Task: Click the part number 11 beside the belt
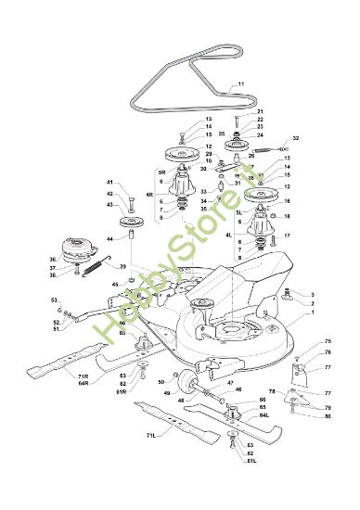(240, 84)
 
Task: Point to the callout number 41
(109, 182)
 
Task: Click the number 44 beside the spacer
(109, 239)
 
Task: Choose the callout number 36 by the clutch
(53, 260)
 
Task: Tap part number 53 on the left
(55, 300)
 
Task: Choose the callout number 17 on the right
(288, 236)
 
